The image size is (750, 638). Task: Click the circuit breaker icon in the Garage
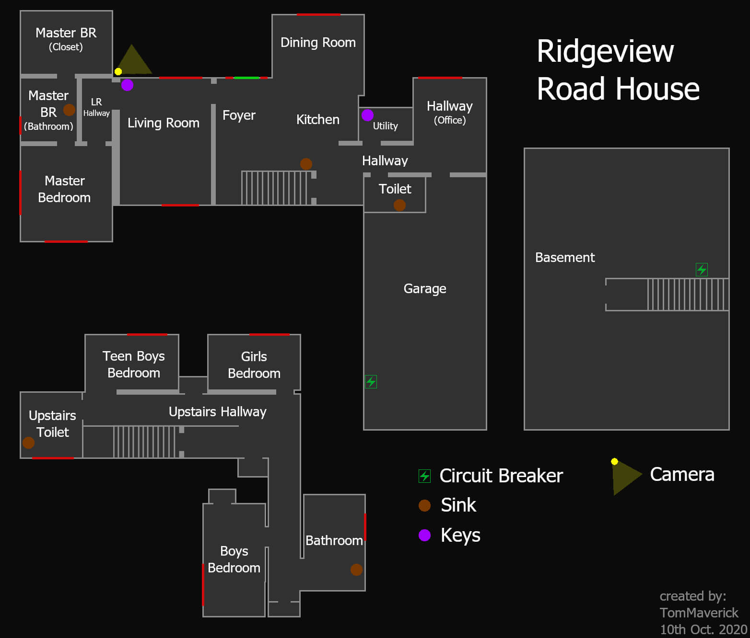371,382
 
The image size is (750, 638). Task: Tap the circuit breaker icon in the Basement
702,270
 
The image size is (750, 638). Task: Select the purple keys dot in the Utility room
367,115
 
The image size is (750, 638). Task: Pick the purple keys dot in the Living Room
127,85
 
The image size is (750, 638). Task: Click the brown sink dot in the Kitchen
306,164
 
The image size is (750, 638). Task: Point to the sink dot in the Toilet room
399,205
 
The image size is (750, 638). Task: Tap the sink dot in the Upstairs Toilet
28,443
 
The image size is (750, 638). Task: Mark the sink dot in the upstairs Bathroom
356,570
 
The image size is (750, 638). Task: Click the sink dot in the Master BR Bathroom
69,110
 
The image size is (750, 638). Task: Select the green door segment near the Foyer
246,78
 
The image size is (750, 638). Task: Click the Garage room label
425,288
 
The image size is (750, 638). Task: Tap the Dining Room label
318,43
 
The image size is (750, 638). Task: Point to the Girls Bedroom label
254,365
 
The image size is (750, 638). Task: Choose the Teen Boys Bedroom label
134,364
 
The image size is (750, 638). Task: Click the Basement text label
565,258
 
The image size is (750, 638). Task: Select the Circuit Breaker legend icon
424,476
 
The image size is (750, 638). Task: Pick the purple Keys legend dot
424,535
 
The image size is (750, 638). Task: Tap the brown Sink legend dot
424,505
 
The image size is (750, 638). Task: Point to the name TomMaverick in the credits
699,613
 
